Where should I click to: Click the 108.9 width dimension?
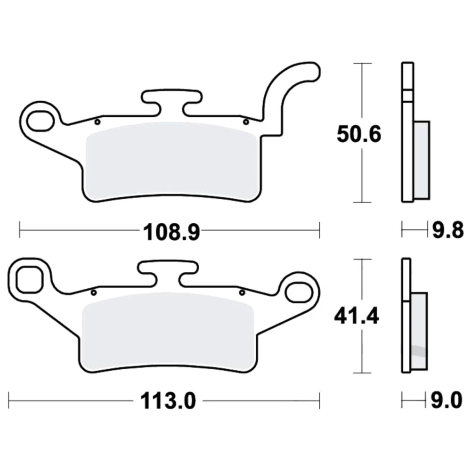[x=171, y=232]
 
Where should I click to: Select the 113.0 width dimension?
[x=168, y=400]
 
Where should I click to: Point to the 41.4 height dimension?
[x=357, y=316]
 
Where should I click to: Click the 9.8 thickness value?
[x=447, y=231]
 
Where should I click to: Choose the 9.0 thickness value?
[x=447, y=400]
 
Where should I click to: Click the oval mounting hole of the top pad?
[x=40, y=121]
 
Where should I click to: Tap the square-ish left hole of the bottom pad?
[x=29, y=279]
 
